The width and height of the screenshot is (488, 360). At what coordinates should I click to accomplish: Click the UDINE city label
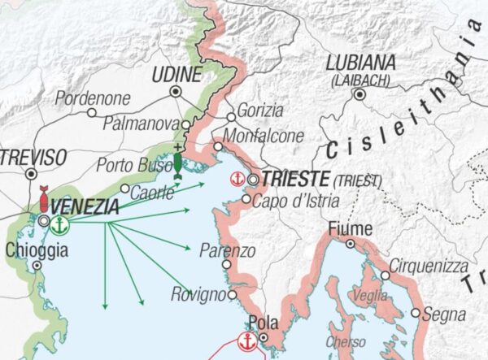click(176, 75)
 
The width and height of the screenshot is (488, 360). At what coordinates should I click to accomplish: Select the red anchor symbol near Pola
click(246, 341)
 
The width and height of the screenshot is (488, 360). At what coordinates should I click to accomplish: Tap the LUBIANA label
click(360, 63)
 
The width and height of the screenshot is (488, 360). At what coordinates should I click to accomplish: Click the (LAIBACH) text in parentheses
click(360, 80)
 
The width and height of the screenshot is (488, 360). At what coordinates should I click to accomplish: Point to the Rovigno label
click(197, 294)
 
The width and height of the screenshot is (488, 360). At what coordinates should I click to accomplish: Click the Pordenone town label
click(93, 98)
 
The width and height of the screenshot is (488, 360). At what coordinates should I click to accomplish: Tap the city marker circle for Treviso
click(32, 174)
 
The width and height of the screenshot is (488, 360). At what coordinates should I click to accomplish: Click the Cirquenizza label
click(428, 266)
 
